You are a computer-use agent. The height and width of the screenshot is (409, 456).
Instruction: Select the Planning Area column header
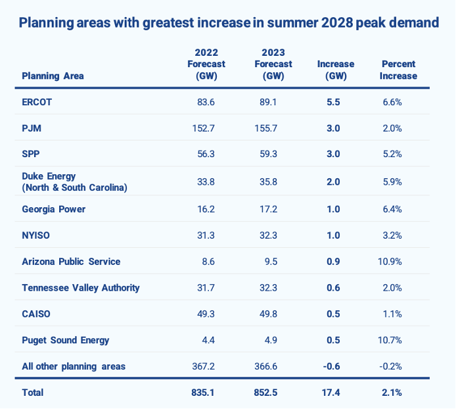tap(53, 76)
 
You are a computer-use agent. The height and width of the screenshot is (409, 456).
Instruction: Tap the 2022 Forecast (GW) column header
tap(206, 64)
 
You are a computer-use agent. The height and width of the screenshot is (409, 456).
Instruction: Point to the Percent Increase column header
tap(398, 70)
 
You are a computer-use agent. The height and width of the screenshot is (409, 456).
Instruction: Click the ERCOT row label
tap(37, 102)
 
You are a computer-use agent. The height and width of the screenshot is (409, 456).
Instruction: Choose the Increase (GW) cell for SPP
tap(333, 155)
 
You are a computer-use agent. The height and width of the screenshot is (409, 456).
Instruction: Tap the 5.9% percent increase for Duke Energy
tap(392, 181)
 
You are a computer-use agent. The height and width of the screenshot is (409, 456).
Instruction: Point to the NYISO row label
tap(37, 235)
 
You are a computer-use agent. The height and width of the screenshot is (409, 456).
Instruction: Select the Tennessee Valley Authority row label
tap(80, 287)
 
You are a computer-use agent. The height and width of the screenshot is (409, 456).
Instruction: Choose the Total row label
tap(33, 393)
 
